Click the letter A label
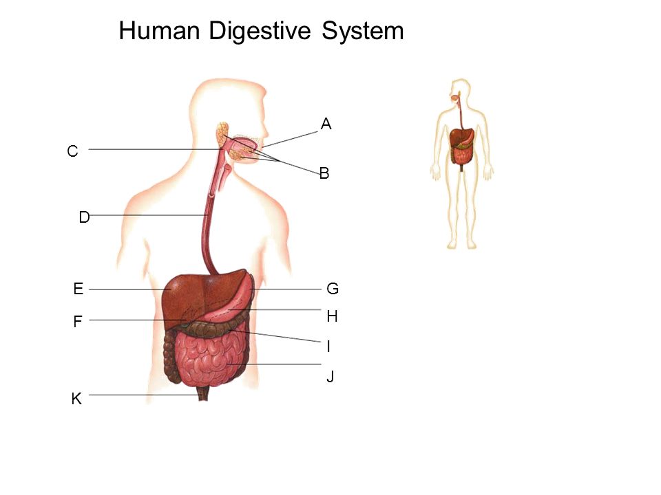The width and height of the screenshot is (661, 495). point(326,124)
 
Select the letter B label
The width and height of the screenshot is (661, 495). point(324,175)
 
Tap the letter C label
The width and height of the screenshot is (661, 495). point(72,151)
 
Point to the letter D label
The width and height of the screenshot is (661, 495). point(84,218)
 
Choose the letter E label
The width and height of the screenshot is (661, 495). point(78,289)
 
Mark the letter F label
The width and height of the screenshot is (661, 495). point(78,322)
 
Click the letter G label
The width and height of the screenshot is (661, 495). point(333,289)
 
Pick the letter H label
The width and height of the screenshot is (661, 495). point(333,317)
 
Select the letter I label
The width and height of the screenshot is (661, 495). point(328,347)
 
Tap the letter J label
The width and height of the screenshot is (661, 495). point(330,377)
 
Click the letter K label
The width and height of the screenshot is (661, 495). point(76,398)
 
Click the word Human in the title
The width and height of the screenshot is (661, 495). point(160,31)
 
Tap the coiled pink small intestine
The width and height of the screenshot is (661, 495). point(207,357)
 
